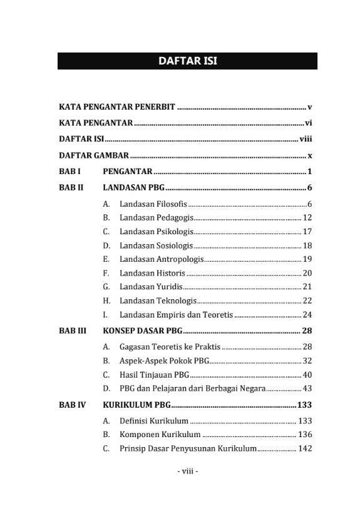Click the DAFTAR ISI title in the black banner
[x=187, y=61]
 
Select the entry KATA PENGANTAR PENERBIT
[x=117, y=107]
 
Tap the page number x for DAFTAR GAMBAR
[x=309, y=155]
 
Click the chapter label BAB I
[x=70, y=171]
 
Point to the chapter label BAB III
[x=73, y=331]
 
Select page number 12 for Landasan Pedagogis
[x=307, y=218]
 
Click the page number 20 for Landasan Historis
[x=307, y=273]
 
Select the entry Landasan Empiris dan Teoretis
[x=176, y=314]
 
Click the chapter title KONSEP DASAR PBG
[x=142, y=331]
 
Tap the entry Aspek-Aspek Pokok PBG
[x=164, y=361]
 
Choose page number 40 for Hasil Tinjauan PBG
[x=307, y=375]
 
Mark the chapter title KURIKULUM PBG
[x=136, y=405]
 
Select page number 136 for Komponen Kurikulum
[x=305, y=435]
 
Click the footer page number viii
[x=187, y=472]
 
